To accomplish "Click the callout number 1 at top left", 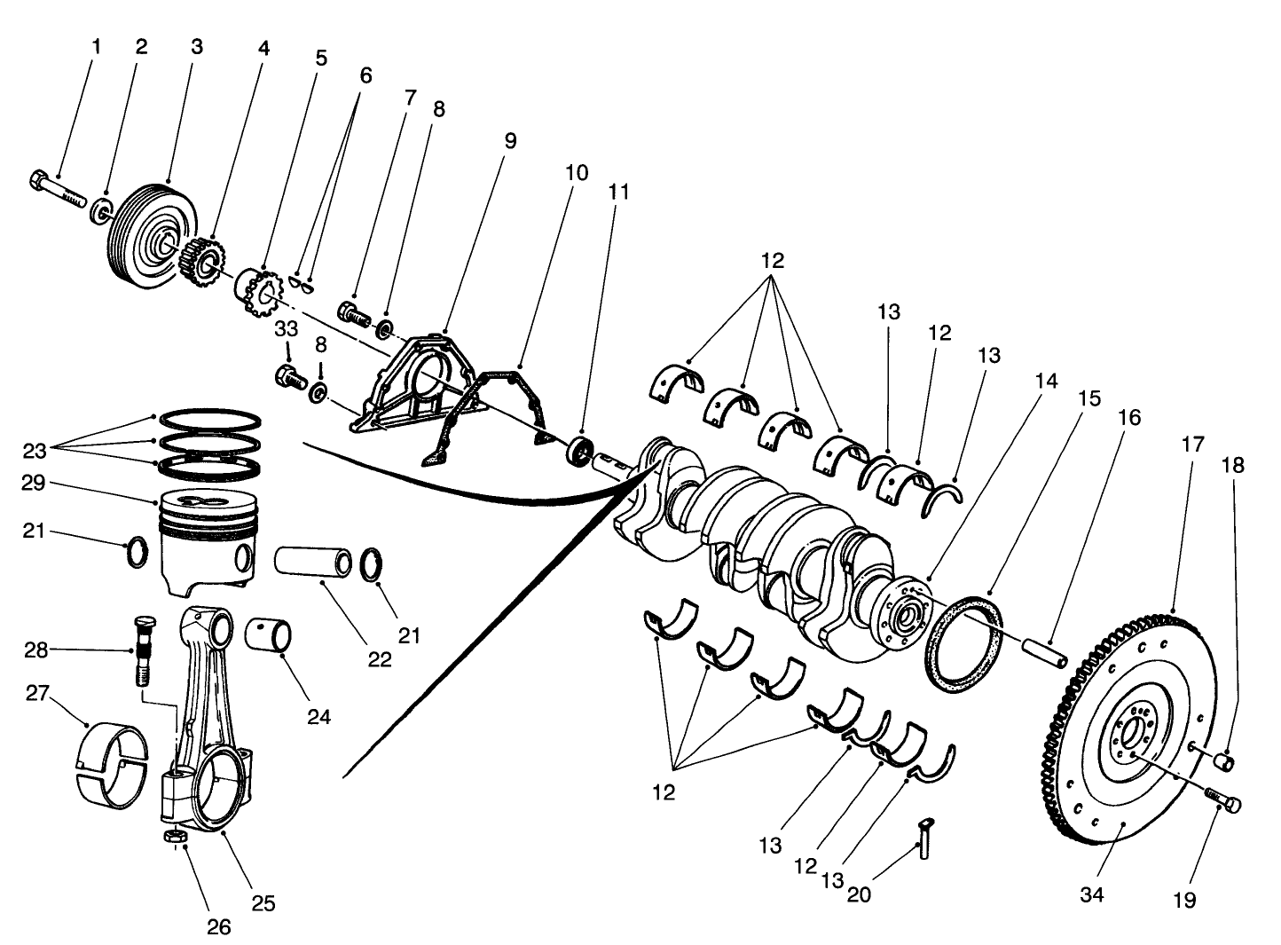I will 97,46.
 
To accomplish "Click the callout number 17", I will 1193,444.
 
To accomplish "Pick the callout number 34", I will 1092,895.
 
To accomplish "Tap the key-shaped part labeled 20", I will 925,837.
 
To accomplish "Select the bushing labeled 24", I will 269,634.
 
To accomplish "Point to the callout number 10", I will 577,172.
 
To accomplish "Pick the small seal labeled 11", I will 581,451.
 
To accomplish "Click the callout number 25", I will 263,903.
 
